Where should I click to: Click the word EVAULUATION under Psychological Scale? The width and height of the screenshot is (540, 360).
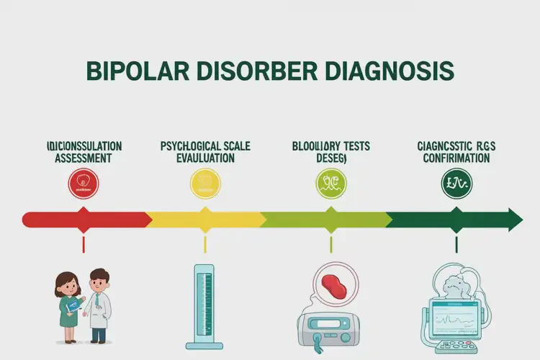pyautogui.click(x=205, y=158)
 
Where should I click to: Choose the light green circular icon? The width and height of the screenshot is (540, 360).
pyautogui.click(x=331, y=184)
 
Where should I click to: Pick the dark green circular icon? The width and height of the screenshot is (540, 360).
pyautogui.click(x=455, y=184)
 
